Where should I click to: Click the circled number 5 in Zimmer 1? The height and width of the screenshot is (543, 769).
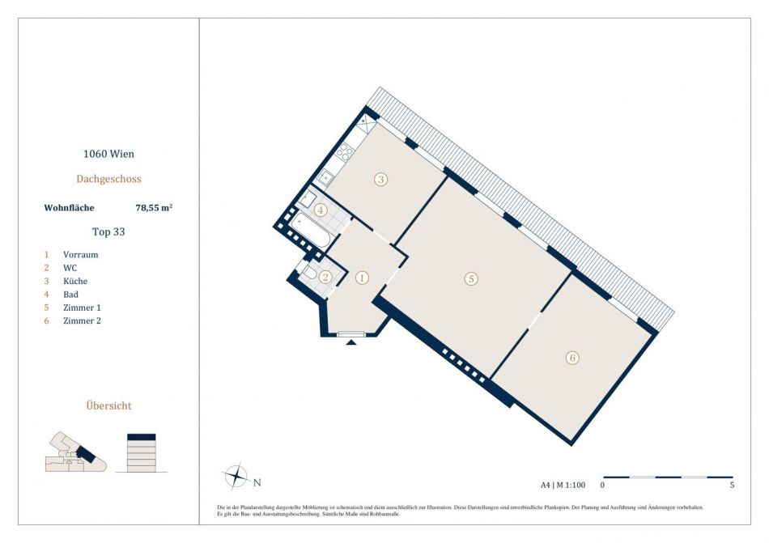(x=471, y=279)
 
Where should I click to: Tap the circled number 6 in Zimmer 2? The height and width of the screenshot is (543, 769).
(x=572, y=358)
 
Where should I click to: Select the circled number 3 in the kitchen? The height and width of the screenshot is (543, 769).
(x=380, y=180)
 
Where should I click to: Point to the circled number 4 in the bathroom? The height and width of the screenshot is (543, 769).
(x=321, y=210)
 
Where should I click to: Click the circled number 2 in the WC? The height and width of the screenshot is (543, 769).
(x=325, y=278)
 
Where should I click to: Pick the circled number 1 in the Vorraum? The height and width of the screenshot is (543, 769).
(x=362, y=278)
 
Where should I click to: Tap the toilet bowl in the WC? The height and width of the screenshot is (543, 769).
(x=310, y=273)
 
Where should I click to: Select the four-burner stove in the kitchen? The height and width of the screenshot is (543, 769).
(x=344, y=151)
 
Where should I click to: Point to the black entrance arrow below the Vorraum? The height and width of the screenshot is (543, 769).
(x=351, y=342)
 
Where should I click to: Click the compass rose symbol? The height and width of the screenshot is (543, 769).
(x=236, y=475)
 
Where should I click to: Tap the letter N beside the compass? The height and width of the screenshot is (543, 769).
(x=257, y=483)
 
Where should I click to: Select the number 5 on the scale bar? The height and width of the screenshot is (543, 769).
(x=733, y=486)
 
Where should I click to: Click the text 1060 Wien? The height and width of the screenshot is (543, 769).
(x=108, y=154)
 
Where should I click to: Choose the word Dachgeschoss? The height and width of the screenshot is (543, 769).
(x=109, y=179)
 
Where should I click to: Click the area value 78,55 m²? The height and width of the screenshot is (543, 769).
(x=154, y=207)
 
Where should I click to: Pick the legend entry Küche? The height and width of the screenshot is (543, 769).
(x=75, y=281)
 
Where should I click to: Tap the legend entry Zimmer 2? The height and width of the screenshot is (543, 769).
(x=82, y=320)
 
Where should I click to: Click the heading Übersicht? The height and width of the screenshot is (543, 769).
(x=109, y=405)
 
